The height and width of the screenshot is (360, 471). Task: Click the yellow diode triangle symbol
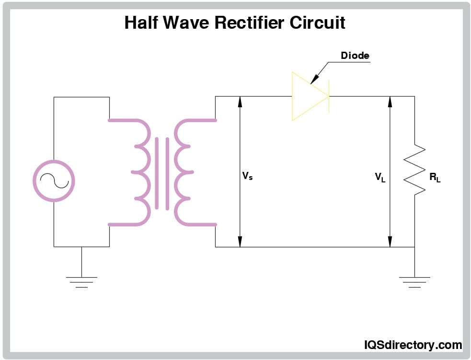307,96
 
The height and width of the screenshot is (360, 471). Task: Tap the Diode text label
355,56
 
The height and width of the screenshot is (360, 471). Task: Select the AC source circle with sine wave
54,180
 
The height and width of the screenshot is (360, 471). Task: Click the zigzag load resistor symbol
415,170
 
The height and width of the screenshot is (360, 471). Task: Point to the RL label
435,178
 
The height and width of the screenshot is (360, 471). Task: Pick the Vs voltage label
247,176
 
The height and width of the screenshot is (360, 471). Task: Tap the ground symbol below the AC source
81,281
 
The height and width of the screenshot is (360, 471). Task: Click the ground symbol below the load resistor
414,281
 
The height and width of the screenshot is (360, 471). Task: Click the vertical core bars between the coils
162,173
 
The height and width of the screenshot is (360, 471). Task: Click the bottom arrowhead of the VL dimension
390,242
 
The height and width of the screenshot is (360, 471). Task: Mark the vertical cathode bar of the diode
329,96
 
